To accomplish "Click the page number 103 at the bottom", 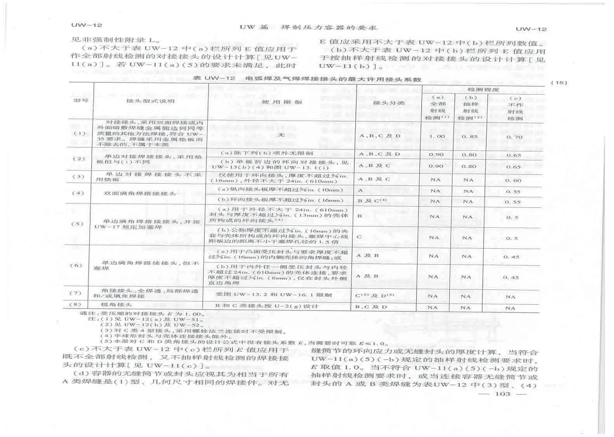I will click(502, 394).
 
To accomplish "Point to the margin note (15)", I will click(559, 82).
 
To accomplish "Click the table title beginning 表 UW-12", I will click(307, 79).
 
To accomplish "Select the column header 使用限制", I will click(282, 102).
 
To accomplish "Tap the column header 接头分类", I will click(389, 103).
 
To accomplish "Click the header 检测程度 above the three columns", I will click(483, 90).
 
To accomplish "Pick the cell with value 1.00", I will click(437, 136).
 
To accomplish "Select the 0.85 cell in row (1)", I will click(469, 137).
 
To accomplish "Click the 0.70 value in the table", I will click(514, 137).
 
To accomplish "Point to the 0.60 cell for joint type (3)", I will click(513, 181).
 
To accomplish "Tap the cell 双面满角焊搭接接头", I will click(140, 193).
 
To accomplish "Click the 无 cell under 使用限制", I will click(281, 135).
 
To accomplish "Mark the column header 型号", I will click(81, 100).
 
